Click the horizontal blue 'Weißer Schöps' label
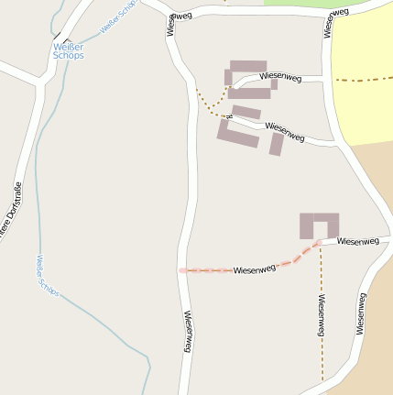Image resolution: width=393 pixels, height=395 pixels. tap(69, 50)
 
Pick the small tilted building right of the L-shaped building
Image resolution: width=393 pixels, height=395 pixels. tap(276, 144)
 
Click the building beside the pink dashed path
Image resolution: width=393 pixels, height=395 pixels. tap(319, 225)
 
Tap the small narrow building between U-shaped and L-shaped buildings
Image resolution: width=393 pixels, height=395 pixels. tap(247, 113)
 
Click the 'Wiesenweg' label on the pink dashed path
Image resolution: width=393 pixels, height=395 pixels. tap(254, 269)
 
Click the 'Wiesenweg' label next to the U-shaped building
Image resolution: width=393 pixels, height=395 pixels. tap(280, 78)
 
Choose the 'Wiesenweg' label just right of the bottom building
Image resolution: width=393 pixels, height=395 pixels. tap(357, 241)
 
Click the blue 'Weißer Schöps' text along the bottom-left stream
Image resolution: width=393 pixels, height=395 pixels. tap(46, 276)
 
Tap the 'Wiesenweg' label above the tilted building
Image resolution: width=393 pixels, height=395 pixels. tap(284, 130)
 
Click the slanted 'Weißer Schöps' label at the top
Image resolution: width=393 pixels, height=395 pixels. tap(119, 17)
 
